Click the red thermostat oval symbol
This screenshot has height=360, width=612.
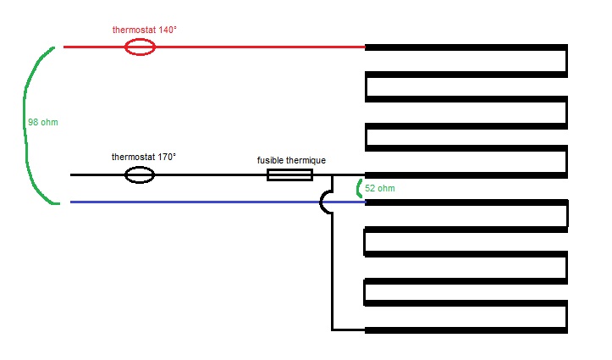(x=140, y=47)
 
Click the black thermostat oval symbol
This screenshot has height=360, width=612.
(x=140, y=175)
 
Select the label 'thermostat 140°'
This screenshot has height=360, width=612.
(x=145, y=30)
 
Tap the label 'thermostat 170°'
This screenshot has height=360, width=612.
(x=144, y=158)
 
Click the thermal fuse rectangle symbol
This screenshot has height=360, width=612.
(x=289, y=175)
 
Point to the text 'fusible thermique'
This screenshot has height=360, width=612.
(x=291, y=160)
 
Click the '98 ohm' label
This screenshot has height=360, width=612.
(x=43, y=122)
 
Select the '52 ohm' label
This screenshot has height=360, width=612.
(x=381, y=187)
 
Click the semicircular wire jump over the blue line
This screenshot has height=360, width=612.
(x=324, y=202)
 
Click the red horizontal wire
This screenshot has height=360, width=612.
(x=254, y=47)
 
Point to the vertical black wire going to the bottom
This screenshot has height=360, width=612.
(x=332, y=271)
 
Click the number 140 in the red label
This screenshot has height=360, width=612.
(x=167, y=30)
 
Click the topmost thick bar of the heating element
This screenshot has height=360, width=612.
(x=466, y=47)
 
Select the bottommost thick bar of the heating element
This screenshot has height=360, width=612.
(x=466, y=329)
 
